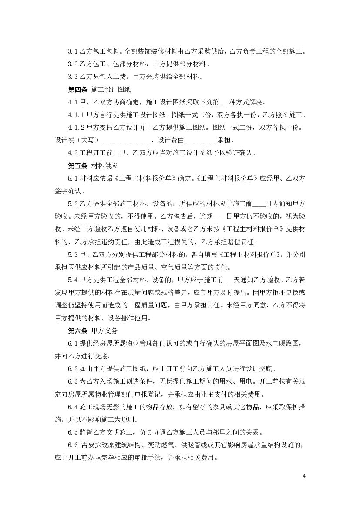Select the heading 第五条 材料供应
pyautogui.click(x=90, y=166)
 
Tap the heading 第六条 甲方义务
pyautogui.click(x=90, y=331)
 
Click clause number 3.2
pyautogui.click(x=72, y=64)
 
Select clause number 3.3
pyautogui.click(x=72, y=77)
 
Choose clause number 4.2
pyautogui.click(x=72, y=153)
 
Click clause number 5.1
pyautogui.click(x=72, y=179)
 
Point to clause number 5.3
pyautogui.click(x=72, y=255)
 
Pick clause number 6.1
pyautogui.click(x=72, y=344)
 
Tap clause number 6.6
pyautogui.click(x=72, y=445)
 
